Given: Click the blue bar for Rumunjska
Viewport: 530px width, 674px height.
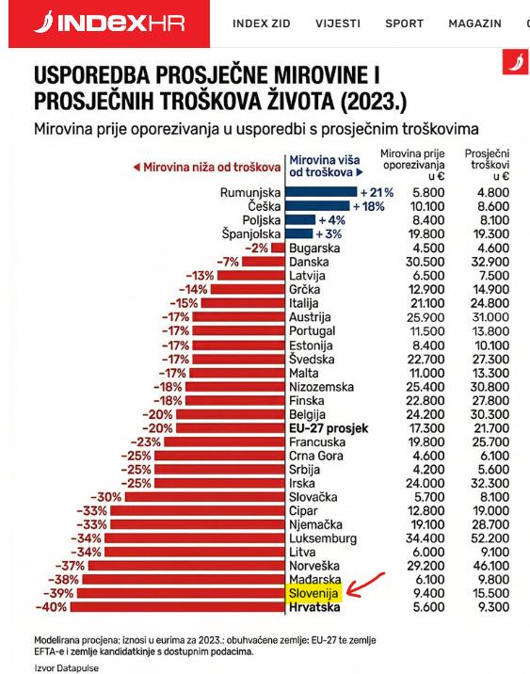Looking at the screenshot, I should tap(321, 192).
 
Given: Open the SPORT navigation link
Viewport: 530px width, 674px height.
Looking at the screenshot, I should tap(405, 24).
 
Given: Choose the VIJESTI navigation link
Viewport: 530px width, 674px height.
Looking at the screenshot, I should tap(338, 24).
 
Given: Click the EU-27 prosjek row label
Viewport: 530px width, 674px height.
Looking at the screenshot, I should tap(328, 428).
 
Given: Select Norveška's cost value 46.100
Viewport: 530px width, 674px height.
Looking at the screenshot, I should tap(489, 565).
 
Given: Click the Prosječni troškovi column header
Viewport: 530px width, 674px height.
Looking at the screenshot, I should tap(488, 163).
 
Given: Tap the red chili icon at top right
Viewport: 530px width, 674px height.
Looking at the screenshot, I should tap(515, 65).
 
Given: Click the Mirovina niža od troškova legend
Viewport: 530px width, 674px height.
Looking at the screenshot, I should tap(206, 168).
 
